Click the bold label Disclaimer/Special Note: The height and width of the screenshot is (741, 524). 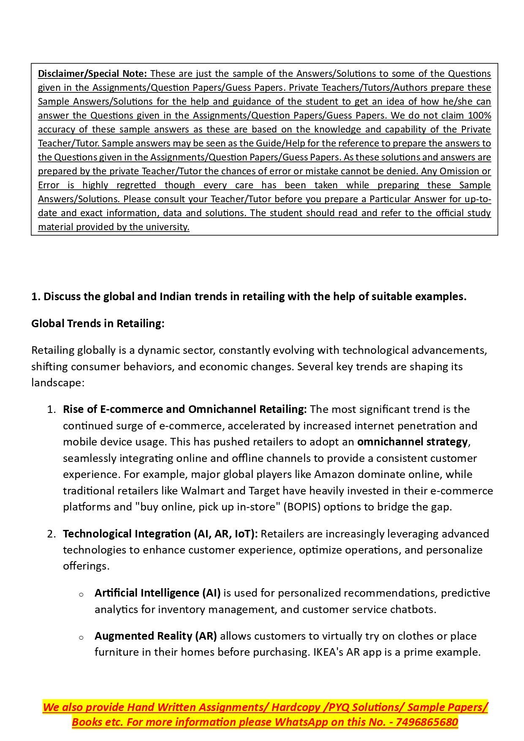pyautogui.click(x=92, y=74)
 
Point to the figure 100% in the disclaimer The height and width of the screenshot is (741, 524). pyautogui.click(x=479, y=116)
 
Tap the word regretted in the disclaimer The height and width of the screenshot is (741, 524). pyautogui.click(x=136, y=185)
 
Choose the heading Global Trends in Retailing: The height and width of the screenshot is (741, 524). pyautogui.click(x=98, y=324)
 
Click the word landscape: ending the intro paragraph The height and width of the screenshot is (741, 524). pyautogui.click(x=58, y=383)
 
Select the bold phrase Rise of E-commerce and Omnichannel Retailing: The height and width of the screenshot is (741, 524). pyautogui.click(x=185, y=410)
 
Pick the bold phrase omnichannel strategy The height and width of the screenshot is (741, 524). pyautogui.click(x=412, y=442)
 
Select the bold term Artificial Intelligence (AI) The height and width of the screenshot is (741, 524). pyautogui.click(x=157, y=593)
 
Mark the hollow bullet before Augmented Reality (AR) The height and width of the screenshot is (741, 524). pyautogui.click(x=81, y=637)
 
